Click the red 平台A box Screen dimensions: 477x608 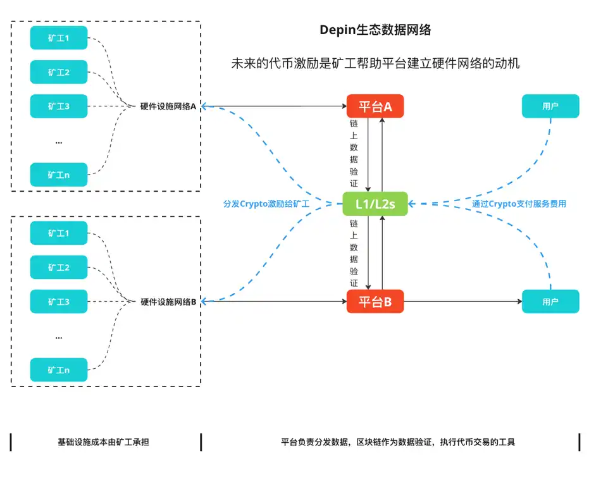point(375,106)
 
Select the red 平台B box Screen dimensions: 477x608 point(375,302)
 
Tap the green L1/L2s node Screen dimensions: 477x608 point(375,204)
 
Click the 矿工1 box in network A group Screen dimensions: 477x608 point(59,39)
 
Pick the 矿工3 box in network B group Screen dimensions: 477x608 point(59,302)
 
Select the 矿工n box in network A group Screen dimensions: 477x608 point(59,175)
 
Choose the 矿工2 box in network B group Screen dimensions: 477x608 point(59,267)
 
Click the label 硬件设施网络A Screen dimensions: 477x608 point(168,106)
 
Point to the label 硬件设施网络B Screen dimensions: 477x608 point(168,302)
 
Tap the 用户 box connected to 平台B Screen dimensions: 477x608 point(550,302)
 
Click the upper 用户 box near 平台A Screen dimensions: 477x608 point(550,106)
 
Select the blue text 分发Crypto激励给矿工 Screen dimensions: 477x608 point(266,204)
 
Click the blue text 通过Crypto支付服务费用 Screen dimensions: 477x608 point(519,204)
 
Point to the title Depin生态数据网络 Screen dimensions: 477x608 point(375,30)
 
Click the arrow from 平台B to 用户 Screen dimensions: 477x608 point(462,302)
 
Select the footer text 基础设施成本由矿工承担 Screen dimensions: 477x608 point(103,442)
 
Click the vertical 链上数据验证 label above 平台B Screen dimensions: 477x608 point(354,253)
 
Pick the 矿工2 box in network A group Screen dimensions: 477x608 point(59,72)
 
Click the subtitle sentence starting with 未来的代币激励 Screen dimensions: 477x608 point(375,64)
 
